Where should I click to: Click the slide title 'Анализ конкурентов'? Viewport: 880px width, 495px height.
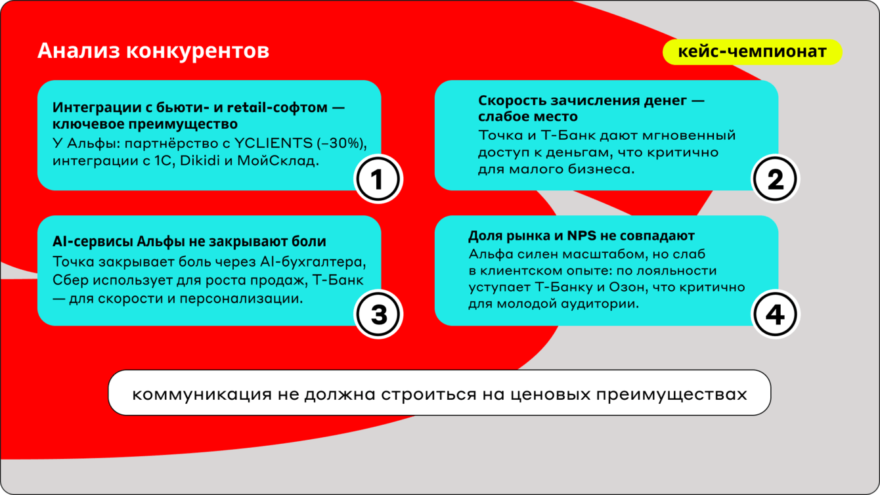click(153, 51)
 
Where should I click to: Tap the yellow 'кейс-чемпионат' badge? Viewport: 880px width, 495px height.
click(753, 52)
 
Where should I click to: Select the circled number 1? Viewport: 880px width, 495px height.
click(378, 179)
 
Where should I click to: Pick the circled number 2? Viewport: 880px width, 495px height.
click(775, 179)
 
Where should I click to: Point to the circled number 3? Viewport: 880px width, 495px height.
click(378, 314)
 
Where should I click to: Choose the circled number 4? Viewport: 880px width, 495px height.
click(775, 314)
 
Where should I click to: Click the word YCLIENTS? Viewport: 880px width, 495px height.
click(273, 143)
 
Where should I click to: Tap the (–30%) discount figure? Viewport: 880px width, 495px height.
click(341, 144)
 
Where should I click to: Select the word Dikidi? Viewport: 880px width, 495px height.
click(200, 161)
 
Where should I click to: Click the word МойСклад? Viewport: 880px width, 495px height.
click(278, 161)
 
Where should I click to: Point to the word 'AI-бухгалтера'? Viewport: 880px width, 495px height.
click(313, 262)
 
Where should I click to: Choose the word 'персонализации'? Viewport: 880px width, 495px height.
click(241, 299)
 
